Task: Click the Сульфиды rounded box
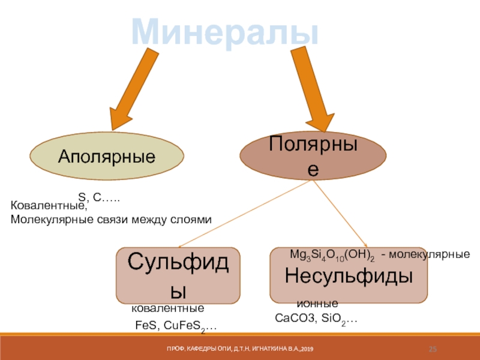(x=178, y=275)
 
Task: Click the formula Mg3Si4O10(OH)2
(x=332, y=254)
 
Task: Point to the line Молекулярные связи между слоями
(x=112, y=220)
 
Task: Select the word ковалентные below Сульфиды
(x=168, y=308)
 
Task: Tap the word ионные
(x=317, y=304)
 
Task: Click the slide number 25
(x=433, y=349)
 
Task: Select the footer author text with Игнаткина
(x=240, y=349)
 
